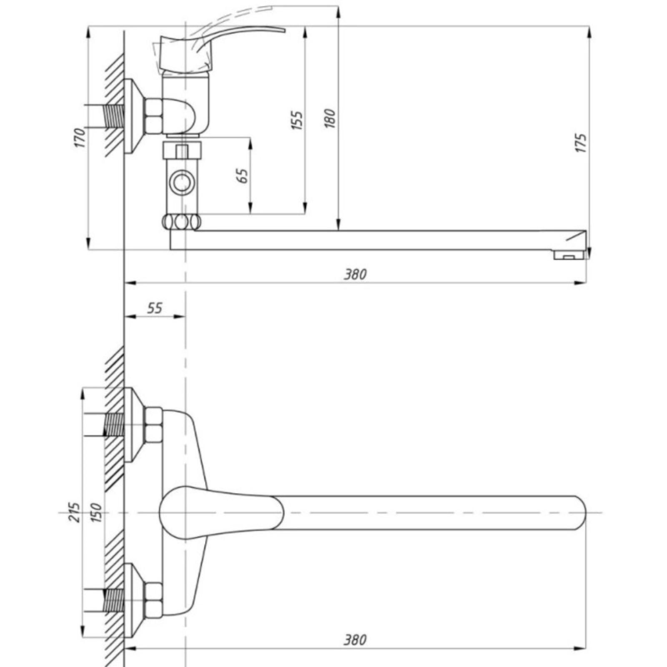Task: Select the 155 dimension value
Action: point(297,120)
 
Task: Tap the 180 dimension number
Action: point(330,118)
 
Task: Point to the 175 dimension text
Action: point(581,143)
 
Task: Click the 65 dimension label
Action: point(242,176)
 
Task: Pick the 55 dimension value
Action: point(155,308)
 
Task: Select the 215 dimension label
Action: point(75,512)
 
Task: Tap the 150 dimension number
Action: point(95,512)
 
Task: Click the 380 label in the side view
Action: point(355,274)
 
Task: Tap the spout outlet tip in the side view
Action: point(569,255)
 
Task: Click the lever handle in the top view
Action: point(221,512)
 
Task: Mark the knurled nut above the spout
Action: point(181,222)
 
